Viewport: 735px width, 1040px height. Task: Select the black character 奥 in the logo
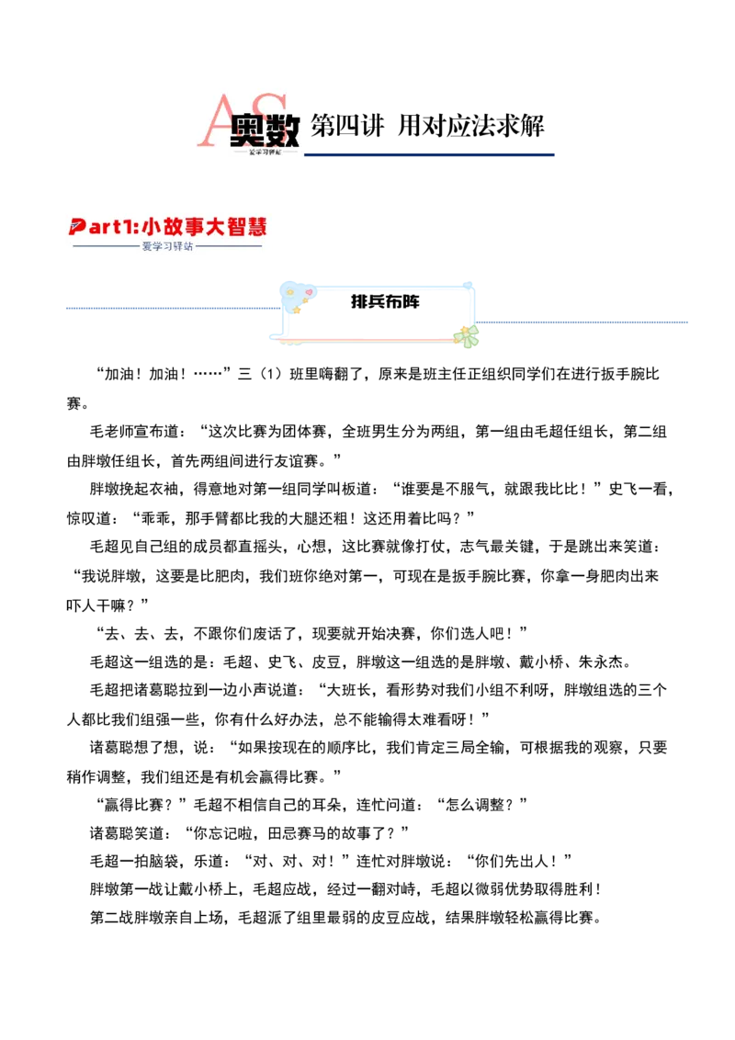click(x=247, y=131)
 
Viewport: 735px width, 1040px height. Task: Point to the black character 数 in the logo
click(x=280, y=131)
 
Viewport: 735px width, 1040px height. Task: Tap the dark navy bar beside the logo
click(x=432, y=154)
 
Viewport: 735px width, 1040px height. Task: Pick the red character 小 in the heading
click(x=151, y=226)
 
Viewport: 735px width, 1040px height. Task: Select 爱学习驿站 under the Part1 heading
click(x=168, y=246)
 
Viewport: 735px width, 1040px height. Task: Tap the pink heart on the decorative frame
click(x=309, y=292)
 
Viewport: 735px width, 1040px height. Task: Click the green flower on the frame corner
click(x=469, y=335)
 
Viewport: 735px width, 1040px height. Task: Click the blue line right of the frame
click(x=584, y=320)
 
